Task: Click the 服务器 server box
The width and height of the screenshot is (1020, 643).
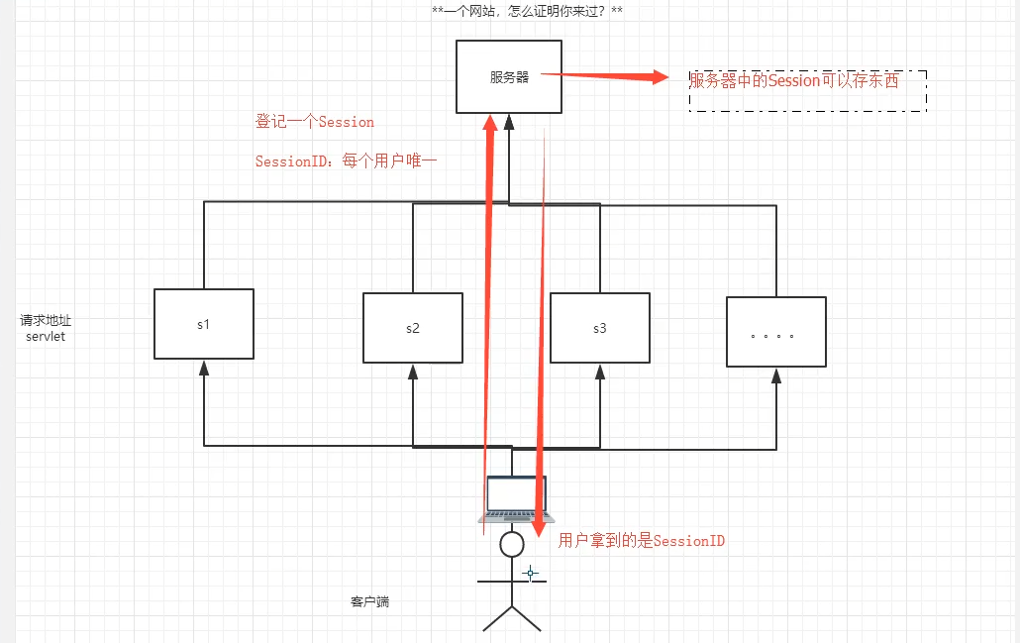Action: [508, 76]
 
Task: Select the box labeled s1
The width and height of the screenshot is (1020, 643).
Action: [204, 324]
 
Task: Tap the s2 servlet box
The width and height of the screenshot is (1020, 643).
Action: [412, 327]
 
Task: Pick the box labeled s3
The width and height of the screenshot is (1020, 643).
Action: [599, 327]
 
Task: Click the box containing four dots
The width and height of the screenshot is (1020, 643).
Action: [775, 332]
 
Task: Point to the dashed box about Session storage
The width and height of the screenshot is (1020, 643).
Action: [807, 90]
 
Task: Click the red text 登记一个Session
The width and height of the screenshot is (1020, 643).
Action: [315, 122]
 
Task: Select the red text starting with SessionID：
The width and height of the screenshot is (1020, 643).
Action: [346, 161]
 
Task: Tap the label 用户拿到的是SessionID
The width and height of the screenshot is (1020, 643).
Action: [642, 540]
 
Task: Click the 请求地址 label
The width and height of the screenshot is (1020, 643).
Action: [46, 321]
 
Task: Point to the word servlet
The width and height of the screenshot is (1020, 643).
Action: [46, 337]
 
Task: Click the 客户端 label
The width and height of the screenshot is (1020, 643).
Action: [369, 601]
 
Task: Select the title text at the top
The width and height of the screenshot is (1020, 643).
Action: [527, 12]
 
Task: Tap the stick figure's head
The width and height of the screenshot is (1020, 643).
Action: [511, 544]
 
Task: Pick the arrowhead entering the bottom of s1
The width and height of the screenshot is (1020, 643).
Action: [204, 367]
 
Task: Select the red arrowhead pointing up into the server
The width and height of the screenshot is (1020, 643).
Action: [489, 123]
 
